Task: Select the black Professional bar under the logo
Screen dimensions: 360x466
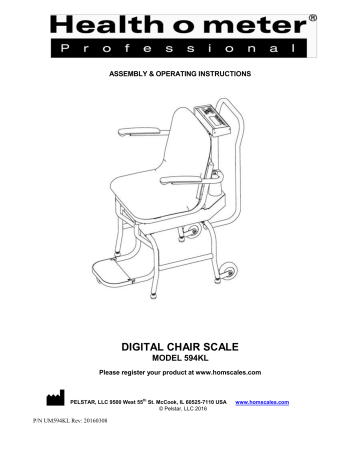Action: (x=180, y=47)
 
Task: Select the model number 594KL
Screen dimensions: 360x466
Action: (x=206, y=358)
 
